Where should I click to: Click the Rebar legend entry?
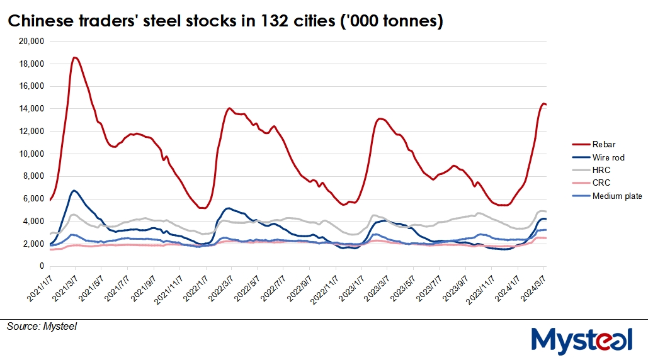coord(604,145)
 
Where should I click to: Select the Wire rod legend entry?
coord(608,157)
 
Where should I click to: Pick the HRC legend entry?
coord(601,170)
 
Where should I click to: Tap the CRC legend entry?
coord(601,183)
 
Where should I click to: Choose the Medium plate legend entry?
coord(617,196)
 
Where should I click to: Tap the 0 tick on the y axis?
coord(40,266)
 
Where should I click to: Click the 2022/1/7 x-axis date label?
coord(192,286)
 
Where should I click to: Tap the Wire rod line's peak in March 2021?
coord(74,190)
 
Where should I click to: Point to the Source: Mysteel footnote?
coord(42,326)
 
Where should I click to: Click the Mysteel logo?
coord(581,340)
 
